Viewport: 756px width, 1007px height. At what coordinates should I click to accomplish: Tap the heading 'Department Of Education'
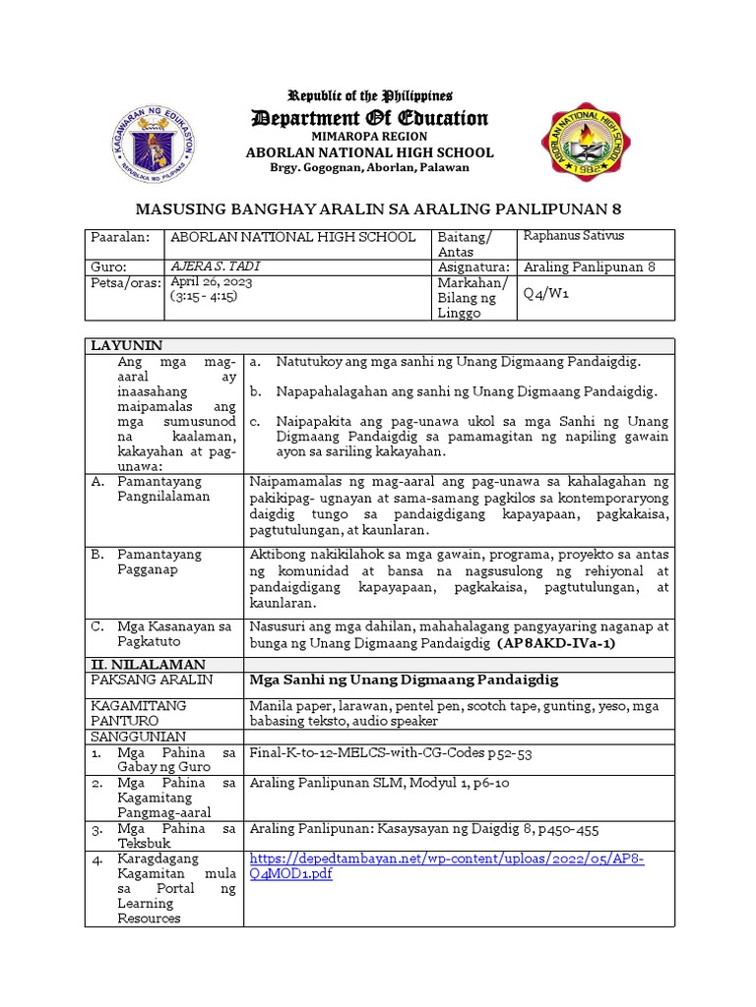[370, 119]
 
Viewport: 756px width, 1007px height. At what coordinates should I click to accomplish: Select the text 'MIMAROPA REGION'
[370, 137]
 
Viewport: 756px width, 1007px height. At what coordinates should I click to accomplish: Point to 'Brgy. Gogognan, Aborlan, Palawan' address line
[370, 167]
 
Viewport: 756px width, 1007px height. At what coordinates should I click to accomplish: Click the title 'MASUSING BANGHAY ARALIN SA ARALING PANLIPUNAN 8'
[378, 209]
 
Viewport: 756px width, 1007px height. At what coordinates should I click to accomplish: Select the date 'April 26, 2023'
[212, 281]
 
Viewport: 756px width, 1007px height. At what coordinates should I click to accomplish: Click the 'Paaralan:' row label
[119, 238]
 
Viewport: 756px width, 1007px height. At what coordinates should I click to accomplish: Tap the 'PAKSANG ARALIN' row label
[138, 680]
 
